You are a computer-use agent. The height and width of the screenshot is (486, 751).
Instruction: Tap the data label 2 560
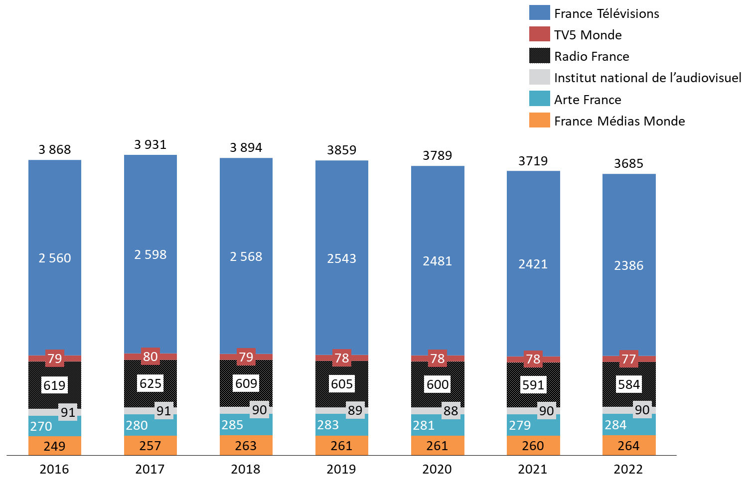pyautogui.click(x=55, y=258)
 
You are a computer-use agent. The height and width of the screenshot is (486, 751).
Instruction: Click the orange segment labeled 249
pyautogui.click(x=54, y=446)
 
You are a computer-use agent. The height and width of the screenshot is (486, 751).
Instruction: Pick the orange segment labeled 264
pyautogui.click(x=629, y=445)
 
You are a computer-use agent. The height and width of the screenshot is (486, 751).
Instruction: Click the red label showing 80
pyautogui.click(x=150, y=357)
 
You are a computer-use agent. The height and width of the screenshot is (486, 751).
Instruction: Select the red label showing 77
pyautogui.click(x=629, y=359)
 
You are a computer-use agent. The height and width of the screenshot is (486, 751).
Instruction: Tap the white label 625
pyautogui.click(x=150, y=383)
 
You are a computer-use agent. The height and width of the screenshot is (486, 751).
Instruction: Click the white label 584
pyautogui.click(x=629, y=384)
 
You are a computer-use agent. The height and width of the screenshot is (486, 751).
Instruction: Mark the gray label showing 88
pyautogui.click(x=451, y=411)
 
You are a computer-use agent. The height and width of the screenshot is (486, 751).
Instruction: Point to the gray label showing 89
pyautogui.click(x=355, y=410)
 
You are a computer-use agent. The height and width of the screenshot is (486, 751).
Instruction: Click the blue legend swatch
pyautogui.click(x=539, y=12)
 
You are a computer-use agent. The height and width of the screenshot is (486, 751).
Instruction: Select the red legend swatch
pyautogui.click(x=539, y=34)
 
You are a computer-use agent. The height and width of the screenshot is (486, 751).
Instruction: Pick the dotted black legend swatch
pyautogui.click(x=539, y=55)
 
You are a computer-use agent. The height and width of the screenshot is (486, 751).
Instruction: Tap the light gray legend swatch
pyautogui.click(x=539, y=77)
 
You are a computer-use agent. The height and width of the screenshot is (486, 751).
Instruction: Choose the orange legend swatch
pyautogui.click(x=539, y=120)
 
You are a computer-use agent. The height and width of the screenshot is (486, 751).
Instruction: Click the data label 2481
pyautogui.click(x=438, y=261)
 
